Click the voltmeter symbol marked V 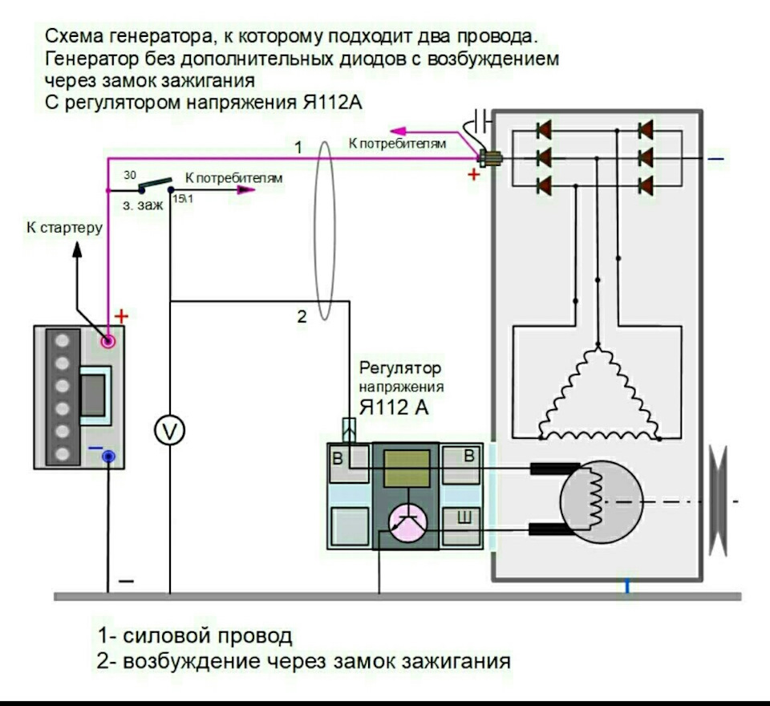[x=170, y=431]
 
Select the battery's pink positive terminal [x=108, y=340]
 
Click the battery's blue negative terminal [x=109, y=456]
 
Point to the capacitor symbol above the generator [x=482, y=120]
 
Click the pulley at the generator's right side [x=718, y=501]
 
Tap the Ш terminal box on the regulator [x=462, y=526]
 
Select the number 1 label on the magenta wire [x=298, y=147]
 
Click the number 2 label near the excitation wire [x=302, y=316]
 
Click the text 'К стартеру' [x=64, y=228]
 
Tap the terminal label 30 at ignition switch [x=130, y=175]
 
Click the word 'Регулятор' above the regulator [x=400, y=367]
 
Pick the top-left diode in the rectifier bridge [x=544, y=130]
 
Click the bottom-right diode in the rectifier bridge [x=646, y=185]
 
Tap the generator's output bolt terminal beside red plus [x=489, y=158]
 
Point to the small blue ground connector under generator [x=627, y=586]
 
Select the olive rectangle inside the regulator [x=407, y=469]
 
